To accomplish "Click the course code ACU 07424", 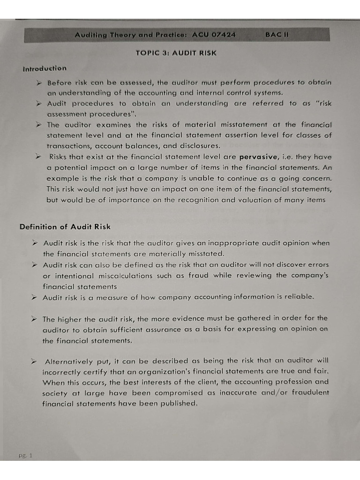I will tap(214, 35).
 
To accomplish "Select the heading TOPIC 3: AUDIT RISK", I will tap(176, 53).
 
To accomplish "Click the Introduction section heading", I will tap(45, 68).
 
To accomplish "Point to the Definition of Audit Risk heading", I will tap(65, 227).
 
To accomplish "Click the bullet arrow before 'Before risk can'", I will tap(40, 82).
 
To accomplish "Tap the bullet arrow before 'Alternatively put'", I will tap(34, 361).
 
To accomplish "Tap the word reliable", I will tap(298, 297).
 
